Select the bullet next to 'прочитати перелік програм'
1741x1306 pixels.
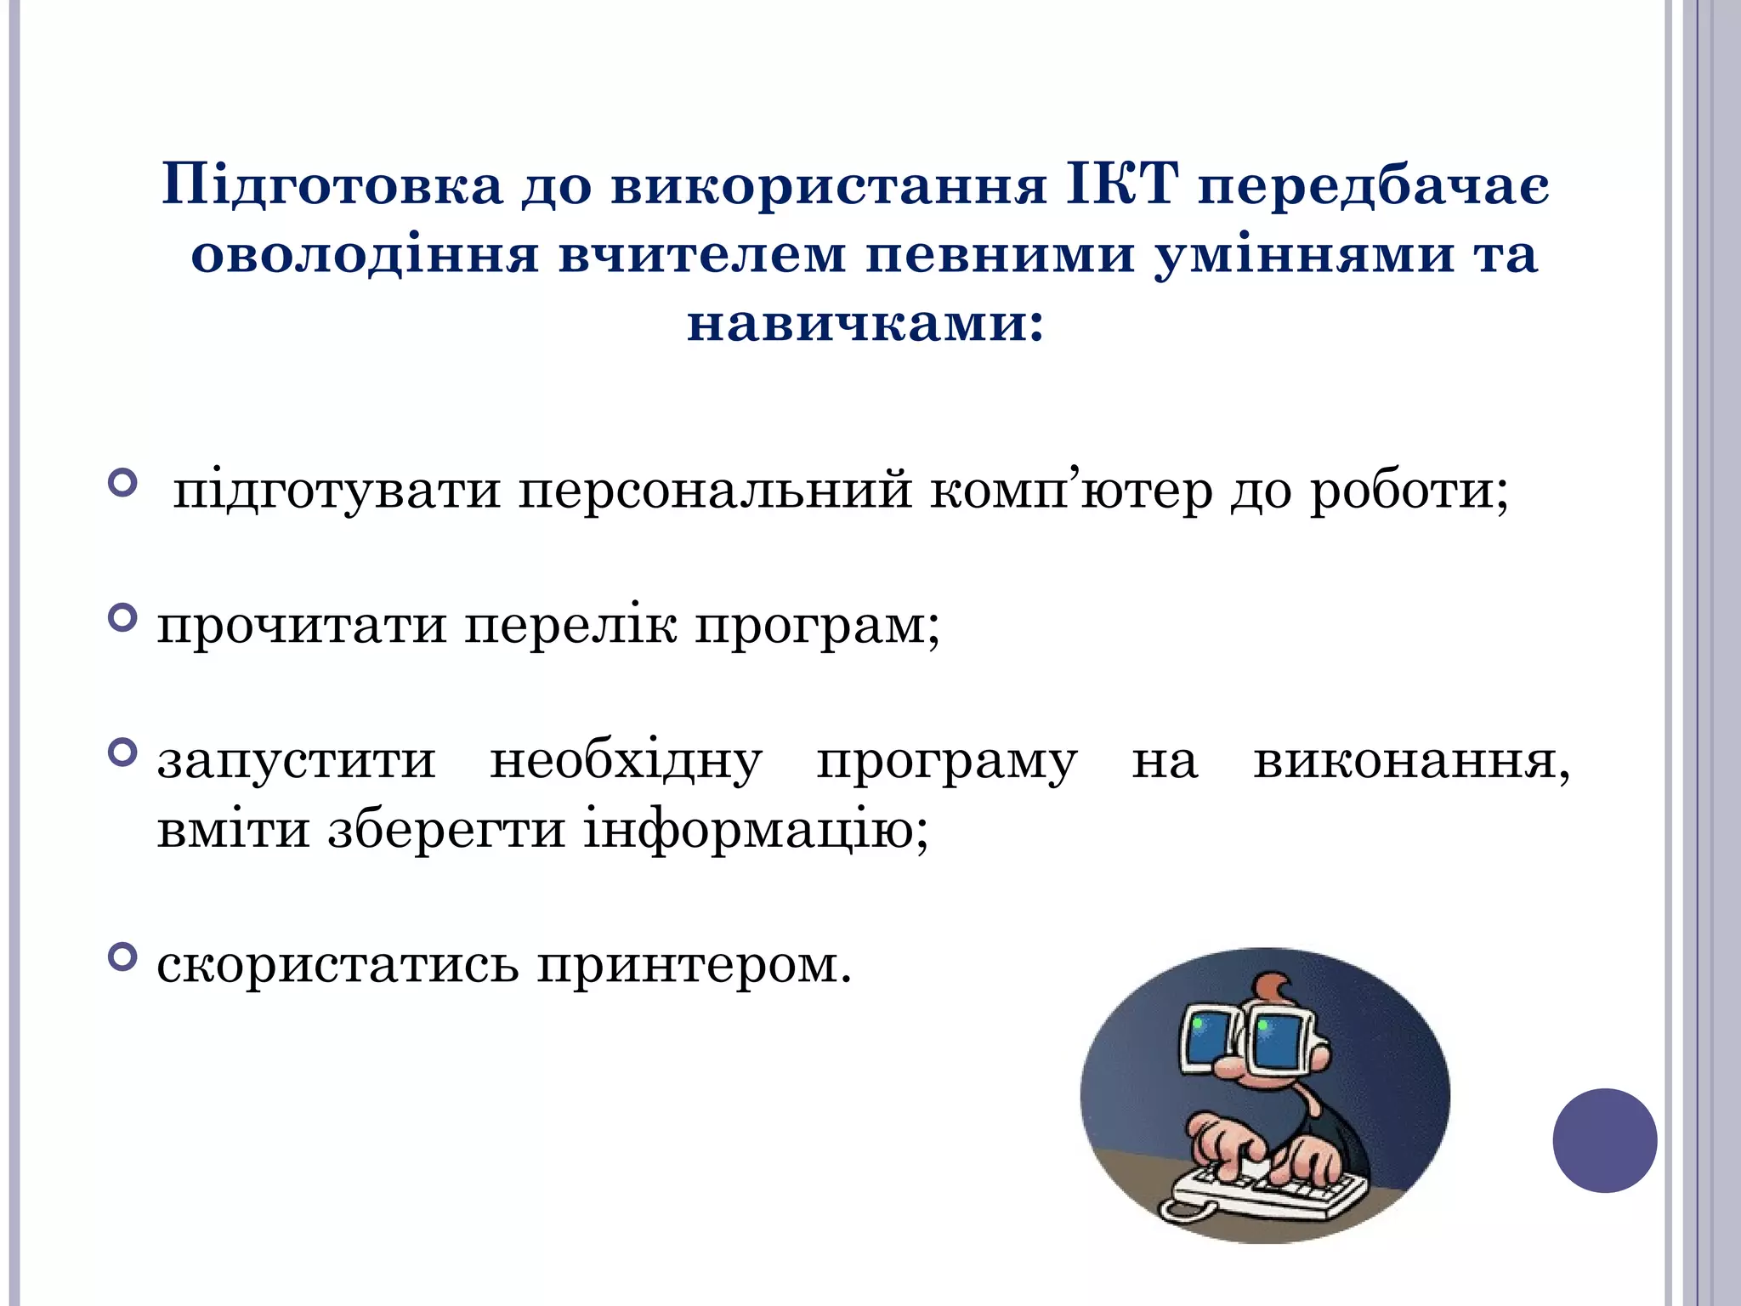[123, 618]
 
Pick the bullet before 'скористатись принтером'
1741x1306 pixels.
[123, 957]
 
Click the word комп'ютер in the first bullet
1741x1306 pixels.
[1070, 491]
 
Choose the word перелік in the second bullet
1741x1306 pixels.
[571, 627]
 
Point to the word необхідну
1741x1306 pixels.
[626, 762]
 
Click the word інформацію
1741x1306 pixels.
[747, 831]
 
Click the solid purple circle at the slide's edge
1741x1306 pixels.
[1604, 1140]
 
